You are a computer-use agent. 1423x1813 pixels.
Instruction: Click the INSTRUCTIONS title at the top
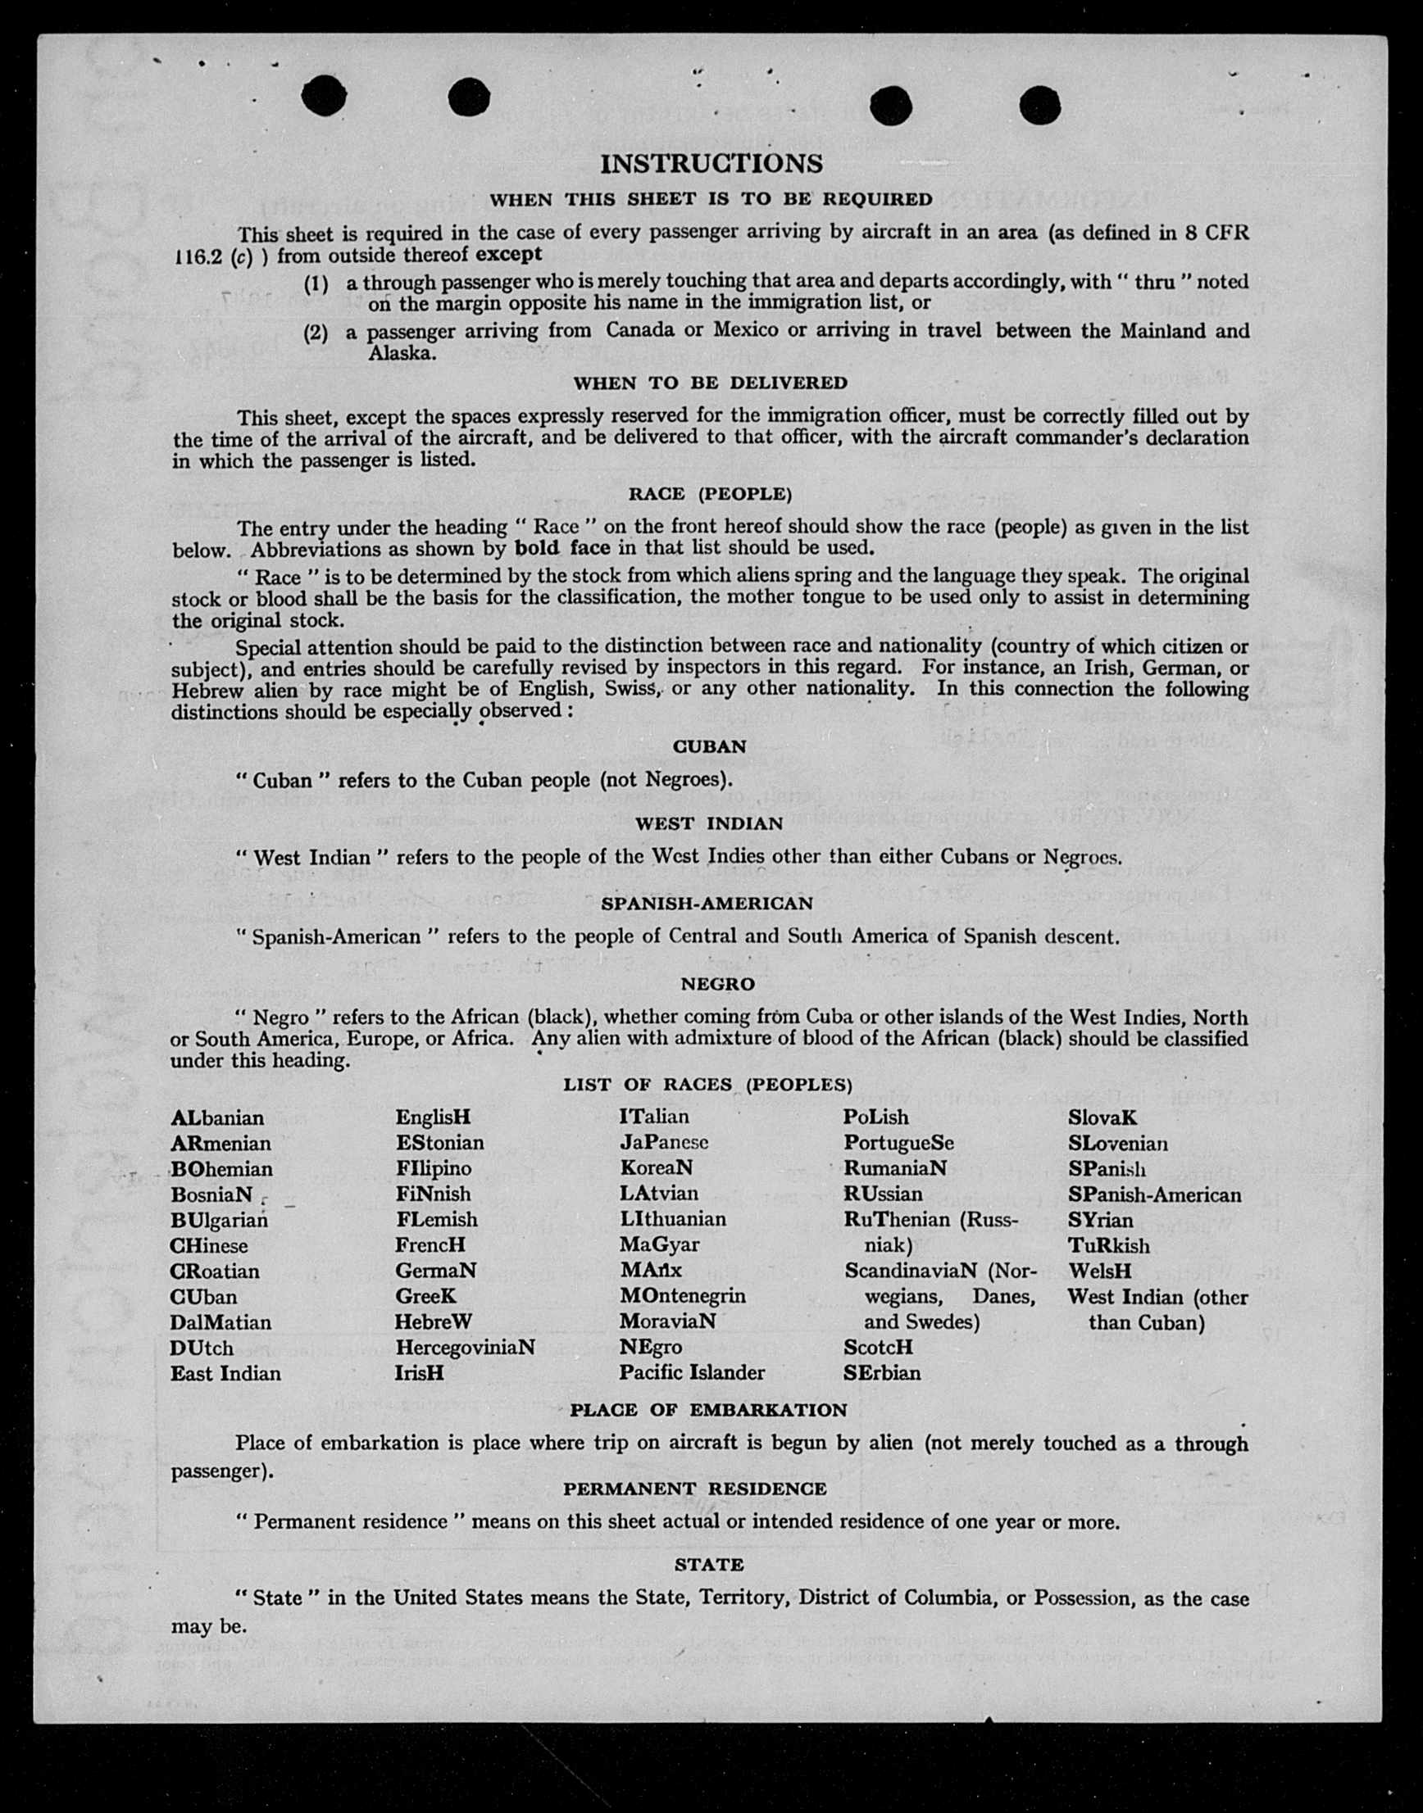point(711,164)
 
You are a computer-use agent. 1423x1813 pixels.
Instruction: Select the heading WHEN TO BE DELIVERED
point(710,383)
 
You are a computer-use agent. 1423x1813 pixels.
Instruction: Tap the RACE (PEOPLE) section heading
point(710,494)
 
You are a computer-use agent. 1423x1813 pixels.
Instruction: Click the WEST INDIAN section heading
point(709,823)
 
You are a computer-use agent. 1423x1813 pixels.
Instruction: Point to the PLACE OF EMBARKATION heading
point(708,1410)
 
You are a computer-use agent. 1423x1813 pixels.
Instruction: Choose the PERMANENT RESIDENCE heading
point(695,1489)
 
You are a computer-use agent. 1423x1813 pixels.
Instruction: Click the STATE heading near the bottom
point(709,1564)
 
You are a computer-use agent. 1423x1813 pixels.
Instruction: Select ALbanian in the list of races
point(217,1117)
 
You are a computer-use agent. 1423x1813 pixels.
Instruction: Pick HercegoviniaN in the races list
point(465,1348)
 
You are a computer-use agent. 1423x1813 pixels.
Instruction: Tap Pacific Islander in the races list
point(692,1372)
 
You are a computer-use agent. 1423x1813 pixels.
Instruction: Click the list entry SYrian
point(1101,1220)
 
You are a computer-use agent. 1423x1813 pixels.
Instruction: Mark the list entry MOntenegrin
point(682,1296)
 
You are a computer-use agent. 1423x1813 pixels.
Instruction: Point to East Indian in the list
point(225,1373)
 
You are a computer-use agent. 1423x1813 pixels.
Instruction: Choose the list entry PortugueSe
point(898,1143)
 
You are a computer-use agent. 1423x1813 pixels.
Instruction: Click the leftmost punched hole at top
point(323,97)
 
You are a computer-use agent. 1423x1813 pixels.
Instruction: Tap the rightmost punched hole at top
point(1039,106)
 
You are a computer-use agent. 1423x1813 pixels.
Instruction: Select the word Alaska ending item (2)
point(402,353)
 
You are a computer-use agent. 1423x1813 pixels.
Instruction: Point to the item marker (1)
point(316,283)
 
